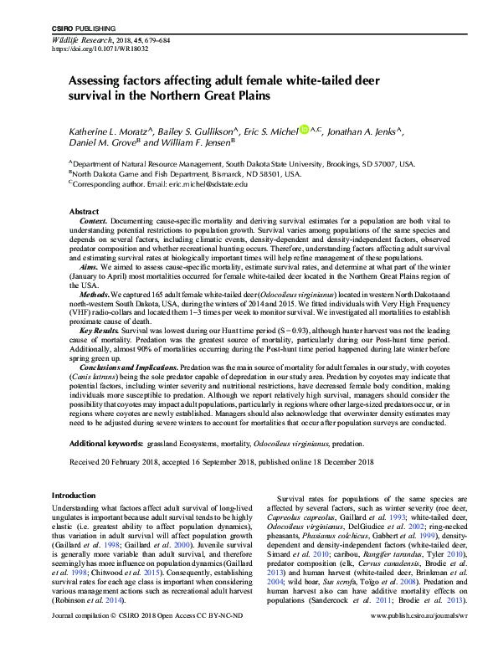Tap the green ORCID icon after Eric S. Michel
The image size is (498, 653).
click(304, 130)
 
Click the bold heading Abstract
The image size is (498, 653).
click(84, 212)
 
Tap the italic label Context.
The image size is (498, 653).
click(93, 222)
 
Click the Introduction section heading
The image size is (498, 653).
click(74, 496)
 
